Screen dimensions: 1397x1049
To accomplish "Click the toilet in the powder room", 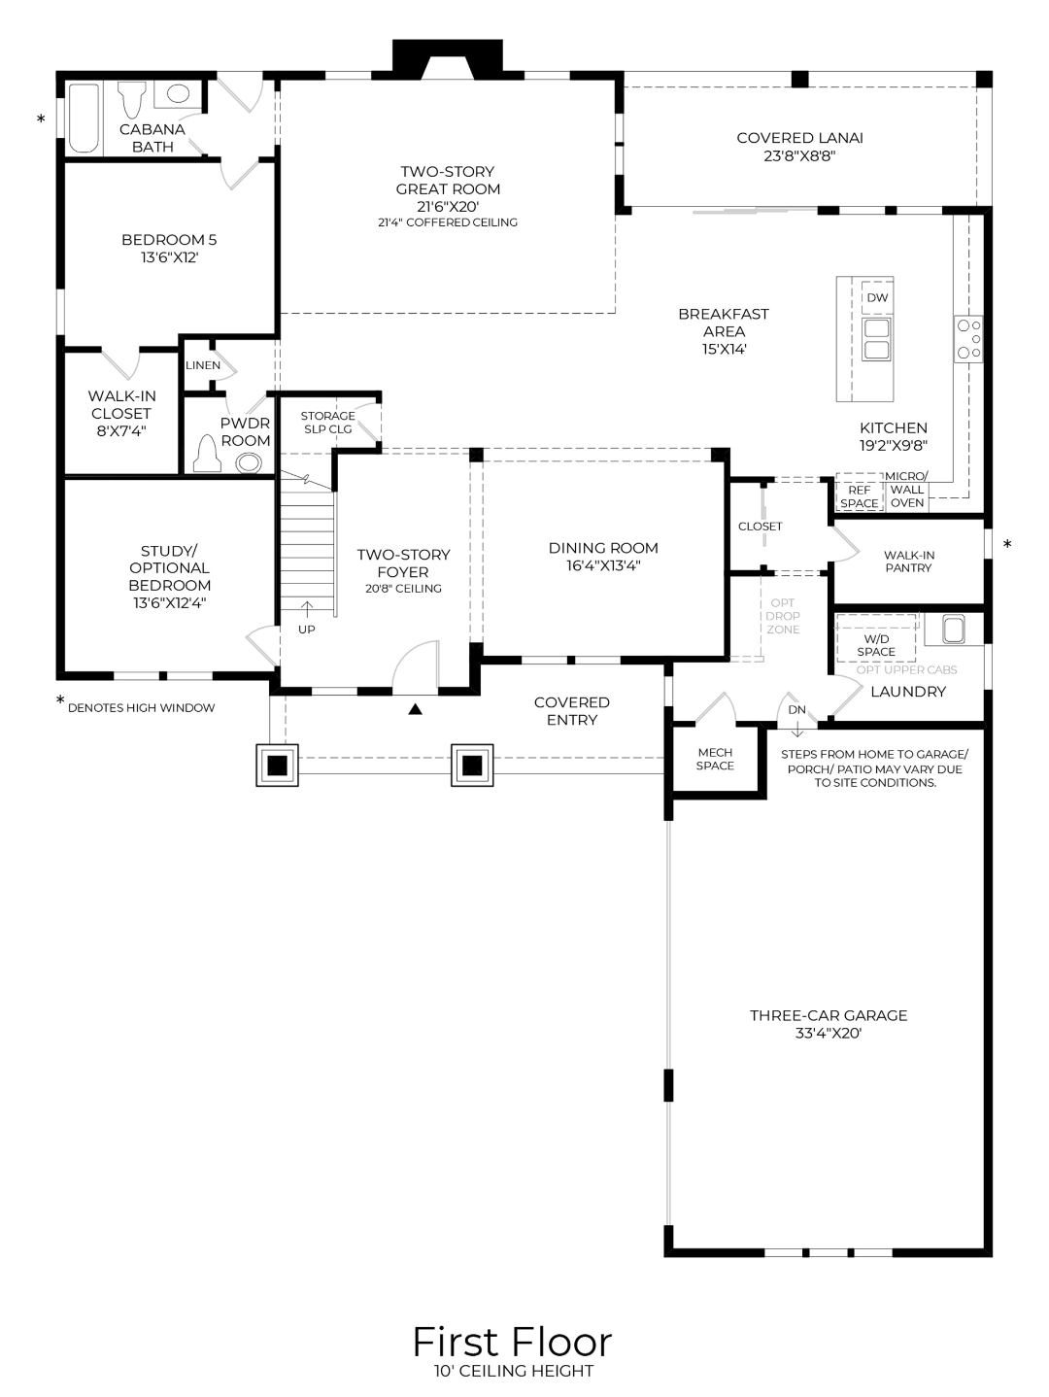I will pyautogui.click(x=207, y=454).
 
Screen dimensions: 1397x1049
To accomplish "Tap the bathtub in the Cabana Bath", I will pyautogui.click(x=85, y=119).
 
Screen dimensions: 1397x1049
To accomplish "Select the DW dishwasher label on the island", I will pyautogui.click(x=877, y=298).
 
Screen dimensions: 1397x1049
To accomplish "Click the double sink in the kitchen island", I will pyautogui.click(x=877, y=339).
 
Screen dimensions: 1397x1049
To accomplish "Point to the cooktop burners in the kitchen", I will pyautogui.click(x=968, y=339).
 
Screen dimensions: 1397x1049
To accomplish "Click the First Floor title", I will pyautogui.click(x=512, y=1342).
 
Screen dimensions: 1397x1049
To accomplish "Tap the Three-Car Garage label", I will pyautogui.click(x=828, y=1015).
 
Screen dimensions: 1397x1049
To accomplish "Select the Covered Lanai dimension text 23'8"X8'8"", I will pyautogui.click(x=799, y=155).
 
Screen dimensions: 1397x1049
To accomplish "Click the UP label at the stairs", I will pyautogui.click(x=307, y=630).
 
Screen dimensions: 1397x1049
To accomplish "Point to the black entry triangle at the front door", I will pyautogui.click(x=416, y=709).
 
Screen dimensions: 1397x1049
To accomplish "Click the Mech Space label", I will pyautogui.click(x=715, y=759).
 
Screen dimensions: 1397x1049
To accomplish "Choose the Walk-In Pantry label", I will pyautogui.click(x=908, y=562).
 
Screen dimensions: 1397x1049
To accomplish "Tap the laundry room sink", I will pyautogui.click(x=951, y=630).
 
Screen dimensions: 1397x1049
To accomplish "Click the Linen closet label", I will pyautogui.click(x=203, y=365).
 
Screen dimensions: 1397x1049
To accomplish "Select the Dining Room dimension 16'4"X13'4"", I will pyautogui.click(x=603, y=565).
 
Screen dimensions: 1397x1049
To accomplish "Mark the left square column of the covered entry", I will pyautogui.click(x=277, y=766).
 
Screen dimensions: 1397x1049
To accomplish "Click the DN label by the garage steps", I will pyautogui.click(x=796, y=709).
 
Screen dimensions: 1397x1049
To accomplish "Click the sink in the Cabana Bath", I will pyautogui.click(x=178, y=94).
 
